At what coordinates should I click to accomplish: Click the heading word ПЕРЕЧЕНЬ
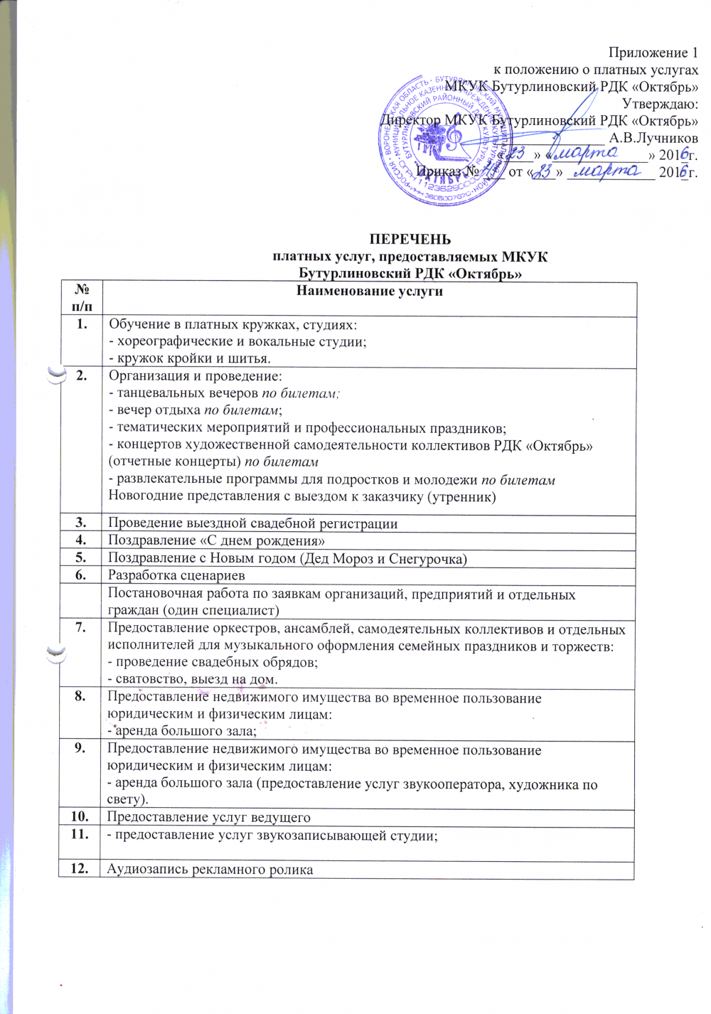(410, 239)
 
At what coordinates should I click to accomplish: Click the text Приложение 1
(653, 53)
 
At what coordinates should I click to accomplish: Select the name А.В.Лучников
(653, 138)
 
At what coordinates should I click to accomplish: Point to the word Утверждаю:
(660, 104)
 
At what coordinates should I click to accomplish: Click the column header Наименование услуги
(369, 291)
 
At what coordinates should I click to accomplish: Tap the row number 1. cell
(82, 324)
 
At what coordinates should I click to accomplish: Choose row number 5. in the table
(82, 557)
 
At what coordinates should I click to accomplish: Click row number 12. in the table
(82, 868)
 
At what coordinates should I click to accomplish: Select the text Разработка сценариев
(176, 575)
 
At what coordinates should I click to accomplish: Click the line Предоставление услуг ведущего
(208, 817)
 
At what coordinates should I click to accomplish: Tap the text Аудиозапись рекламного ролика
(210, 869)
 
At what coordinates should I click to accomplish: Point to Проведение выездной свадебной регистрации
(252, 523)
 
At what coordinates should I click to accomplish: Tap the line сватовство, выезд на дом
(192, 679)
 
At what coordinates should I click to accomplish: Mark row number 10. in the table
(82, 816)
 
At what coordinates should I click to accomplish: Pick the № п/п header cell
(82, 298)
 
